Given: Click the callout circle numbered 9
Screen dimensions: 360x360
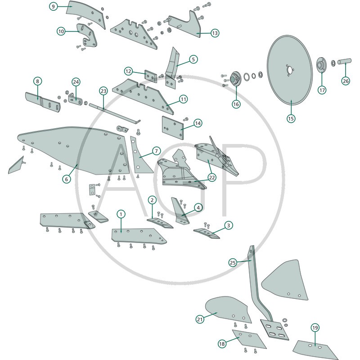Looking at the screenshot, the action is click(53, 6).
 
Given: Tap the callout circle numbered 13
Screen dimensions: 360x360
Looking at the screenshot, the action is click(215, 33).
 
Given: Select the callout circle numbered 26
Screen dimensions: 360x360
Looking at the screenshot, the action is click(346, 81).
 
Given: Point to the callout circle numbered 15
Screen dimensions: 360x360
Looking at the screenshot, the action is click(291, 119).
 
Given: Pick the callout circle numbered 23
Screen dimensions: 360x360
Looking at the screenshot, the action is click(103, 91).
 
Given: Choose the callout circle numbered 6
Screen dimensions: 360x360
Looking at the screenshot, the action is click(67, 179).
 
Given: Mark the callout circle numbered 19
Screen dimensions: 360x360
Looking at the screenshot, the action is click(315, 328).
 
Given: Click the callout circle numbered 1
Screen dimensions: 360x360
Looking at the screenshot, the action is click(121, 215).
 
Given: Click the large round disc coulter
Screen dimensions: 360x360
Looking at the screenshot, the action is click(290, 70).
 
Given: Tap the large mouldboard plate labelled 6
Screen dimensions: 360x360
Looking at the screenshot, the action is click(73, 150).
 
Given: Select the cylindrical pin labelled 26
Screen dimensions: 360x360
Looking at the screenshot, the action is click(344, 62).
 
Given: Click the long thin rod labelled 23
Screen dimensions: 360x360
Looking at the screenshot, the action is click(115, 114).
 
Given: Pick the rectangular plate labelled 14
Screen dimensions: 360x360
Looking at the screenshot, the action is click(173, 128).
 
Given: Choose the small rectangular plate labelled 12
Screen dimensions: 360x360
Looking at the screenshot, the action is click(151, 76).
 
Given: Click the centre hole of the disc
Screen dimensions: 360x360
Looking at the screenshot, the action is click(290, 70).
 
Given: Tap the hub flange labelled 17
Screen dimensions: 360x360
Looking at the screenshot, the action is click(321, 65).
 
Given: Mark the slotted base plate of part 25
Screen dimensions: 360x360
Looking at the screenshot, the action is click(274, 330).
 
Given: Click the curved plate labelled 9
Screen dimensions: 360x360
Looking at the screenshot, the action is click(86, 14).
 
